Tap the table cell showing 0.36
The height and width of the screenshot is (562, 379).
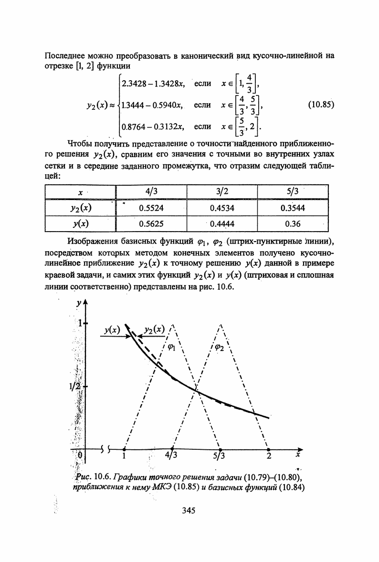[292, 223]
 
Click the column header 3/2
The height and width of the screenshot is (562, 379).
[221, 192]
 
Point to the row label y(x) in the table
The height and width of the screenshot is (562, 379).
[81, 223]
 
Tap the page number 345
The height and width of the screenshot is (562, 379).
[189, 511]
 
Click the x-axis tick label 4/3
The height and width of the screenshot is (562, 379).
[170, 456]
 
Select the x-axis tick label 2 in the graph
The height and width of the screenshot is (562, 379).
[269, 456]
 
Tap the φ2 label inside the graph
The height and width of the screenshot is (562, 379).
[220, 348]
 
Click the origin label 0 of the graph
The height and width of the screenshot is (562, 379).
[81, 455]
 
